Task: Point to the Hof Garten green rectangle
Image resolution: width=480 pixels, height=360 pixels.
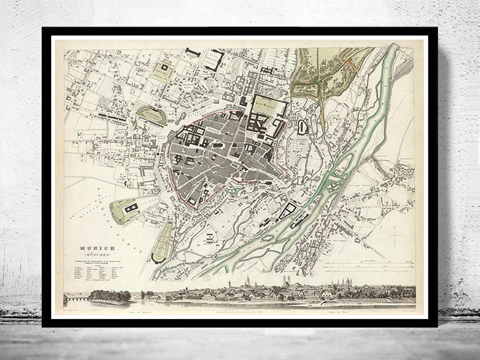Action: click(269, 104)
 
